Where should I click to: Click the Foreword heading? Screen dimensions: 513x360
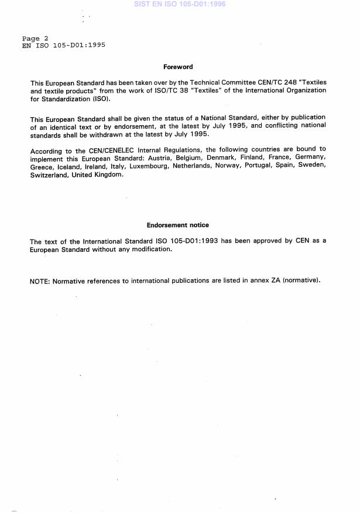(x=178, y=67)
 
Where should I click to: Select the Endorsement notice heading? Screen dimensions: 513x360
(x=177, y=225)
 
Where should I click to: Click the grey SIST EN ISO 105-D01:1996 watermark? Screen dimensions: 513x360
(x=180, y=4)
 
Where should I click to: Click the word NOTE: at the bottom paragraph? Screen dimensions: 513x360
(x=39, y=281)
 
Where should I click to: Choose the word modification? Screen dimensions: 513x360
(x=152, y=249)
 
